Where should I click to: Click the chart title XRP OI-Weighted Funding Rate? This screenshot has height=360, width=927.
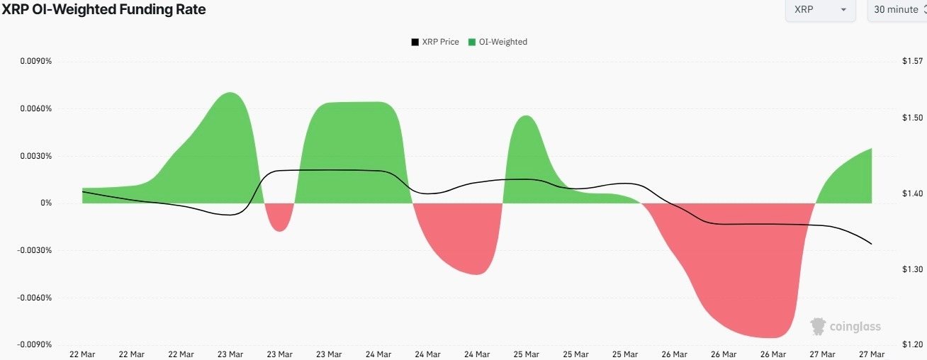[103, 10]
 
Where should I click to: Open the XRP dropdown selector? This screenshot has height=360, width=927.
[820, 10]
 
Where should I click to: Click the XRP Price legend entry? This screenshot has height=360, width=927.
[434, 42]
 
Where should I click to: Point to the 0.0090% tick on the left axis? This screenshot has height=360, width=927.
[36, 62]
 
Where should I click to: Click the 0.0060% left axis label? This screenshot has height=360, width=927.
[36, 108]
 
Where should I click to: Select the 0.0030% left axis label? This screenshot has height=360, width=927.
[36, 156]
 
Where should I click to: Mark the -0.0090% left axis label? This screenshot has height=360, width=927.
[35, 344]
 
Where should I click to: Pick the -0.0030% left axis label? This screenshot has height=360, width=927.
[35, 250]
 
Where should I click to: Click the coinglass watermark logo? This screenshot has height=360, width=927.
[845, 327]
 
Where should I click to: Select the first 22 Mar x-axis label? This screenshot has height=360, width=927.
[82, 354]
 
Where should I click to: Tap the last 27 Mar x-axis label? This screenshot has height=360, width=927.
[871, 354]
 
